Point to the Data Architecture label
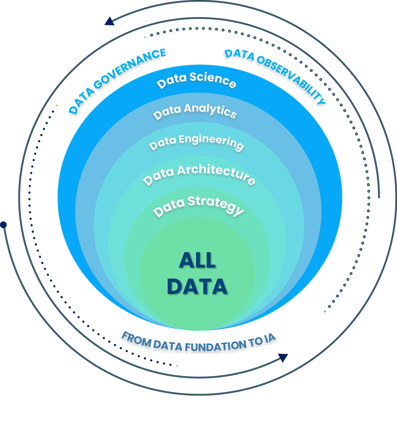[199, 174]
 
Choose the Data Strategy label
[199, 206]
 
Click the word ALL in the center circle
[197, 260]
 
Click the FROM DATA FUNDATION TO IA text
[200, 342]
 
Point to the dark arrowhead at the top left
[109, 21]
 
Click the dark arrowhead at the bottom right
[284, 357]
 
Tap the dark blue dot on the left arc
[4, 225]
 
